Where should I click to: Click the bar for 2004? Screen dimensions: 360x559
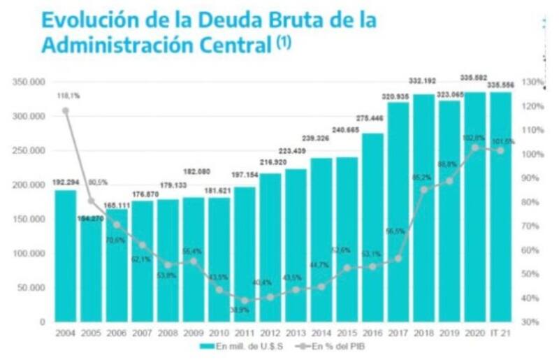coord(65,255)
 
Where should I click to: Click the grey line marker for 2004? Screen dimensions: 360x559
coord(65,110)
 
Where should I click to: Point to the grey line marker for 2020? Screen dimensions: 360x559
coord(475,147)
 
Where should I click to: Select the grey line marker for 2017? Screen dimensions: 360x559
coord(398,258)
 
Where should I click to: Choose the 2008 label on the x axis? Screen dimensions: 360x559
coord(168,333)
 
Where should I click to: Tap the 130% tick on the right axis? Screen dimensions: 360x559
coord(532,82)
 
